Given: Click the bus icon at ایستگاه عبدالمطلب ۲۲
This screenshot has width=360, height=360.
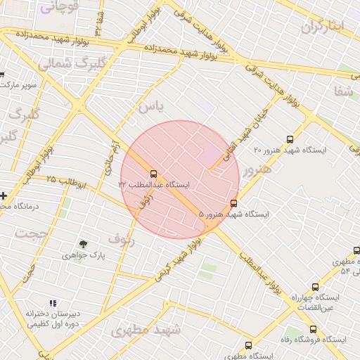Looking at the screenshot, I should pos(153,173).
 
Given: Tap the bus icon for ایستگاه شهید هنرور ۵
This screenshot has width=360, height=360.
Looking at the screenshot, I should pos(234,204).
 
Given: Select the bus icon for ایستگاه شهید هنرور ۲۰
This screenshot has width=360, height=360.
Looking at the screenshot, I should pos(290,140).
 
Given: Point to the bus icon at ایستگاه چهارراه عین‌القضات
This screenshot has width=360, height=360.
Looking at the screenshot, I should pos(314,287).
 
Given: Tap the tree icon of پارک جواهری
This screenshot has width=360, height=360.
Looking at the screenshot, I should pos(84,244).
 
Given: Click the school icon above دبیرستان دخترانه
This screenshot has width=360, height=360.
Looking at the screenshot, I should pos(53,303).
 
